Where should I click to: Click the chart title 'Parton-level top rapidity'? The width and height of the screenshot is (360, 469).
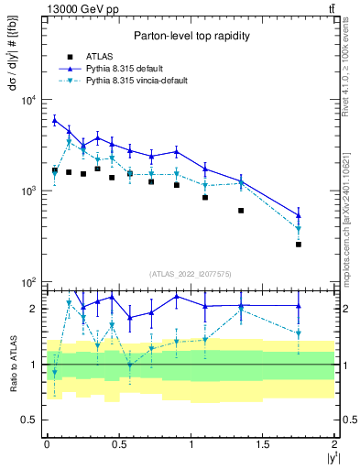[x=190, y=36]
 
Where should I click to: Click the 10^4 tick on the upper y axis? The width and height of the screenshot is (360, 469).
[x=32, y=100]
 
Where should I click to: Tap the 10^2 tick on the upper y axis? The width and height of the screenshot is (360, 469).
[x=32, y=281]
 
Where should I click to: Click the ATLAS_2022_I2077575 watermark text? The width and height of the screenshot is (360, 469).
[x=190, y=273]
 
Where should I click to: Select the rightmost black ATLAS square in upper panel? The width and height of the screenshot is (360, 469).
[x=299, y=244]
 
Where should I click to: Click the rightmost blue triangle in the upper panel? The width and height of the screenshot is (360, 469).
[x=299, y=216]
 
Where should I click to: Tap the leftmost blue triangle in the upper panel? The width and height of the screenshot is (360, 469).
[x=54, y=120]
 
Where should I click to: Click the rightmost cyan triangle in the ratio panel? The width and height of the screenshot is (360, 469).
[x=299, y=333]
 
